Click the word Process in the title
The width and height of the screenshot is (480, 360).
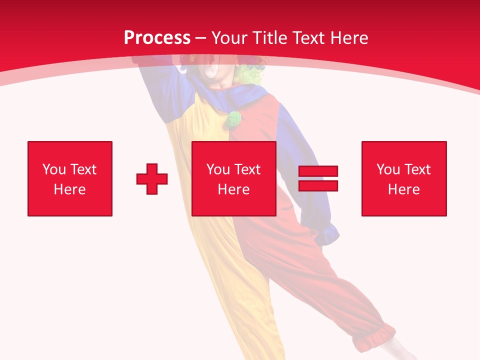click(157, 37)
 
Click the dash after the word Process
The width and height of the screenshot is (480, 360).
click(201, 38)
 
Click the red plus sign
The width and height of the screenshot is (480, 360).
click(152, 178)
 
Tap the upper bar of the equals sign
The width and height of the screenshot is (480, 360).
click(318, 171)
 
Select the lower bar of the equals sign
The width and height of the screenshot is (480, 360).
click(318, 185)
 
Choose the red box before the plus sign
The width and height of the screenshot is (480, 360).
click(70, 178)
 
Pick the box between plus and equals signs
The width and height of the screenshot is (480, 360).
click(233, 178)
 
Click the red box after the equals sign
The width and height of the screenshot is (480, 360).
click(404, 178)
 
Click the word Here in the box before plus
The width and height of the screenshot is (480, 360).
click(70, 189)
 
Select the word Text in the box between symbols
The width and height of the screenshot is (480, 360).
click(247, 169)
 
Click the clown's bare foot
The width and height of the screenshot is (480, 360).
click(400, 350)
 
